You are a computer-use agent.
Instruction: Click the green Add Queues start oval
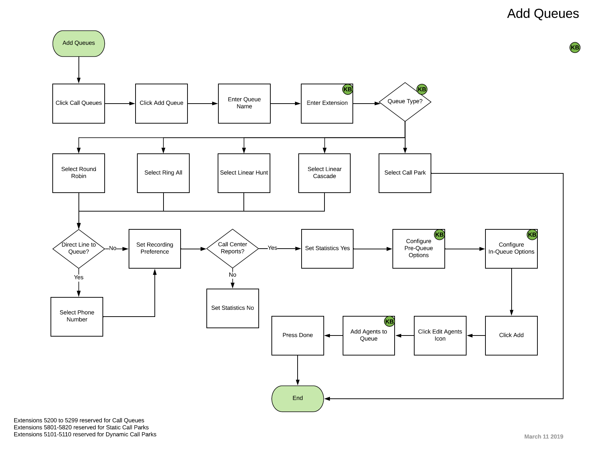(78, 44)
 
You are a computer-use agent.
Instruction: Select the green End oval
(297, 398)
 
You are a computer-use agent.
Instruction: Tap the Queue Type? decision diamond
(405, 102)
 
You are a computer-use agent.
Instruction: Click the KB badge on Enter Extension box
(347, 89)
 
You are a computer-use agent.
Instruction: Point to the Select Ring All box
(163, 173)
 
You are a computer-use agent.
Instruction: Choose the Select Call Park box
(405, 173)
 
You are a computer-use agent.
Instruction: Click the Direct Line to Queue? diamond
(78, 249)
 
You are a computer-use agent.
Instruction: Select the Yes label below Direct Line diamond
(78, 277)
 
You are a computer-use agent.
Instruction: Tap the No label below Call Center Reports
(233, 275)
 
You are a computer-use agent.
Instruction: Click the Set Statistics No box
(233, 308)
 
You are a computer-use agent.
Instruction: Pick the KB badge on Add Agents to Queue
(389, 321)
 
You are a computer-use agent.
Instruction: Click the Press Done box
(297, 336)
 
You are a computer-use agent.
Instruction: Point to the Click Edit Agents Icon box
(440, 336)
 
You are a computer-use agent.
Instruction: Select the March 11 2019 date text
(543, 437)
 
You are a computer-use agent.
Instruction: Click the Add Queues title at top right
(542, 14)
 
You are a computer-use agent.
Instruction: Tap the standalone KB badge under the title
(574, 48)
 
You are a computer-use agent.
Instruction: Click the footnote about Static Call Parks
(81, 427)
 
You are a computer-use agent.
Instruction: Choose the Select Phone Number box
(77, 316)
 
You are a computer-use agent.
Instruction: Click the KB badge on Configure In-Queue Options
(532, 235)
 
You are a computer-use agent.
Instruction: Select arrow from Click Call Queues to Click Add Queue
(120, 104)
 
